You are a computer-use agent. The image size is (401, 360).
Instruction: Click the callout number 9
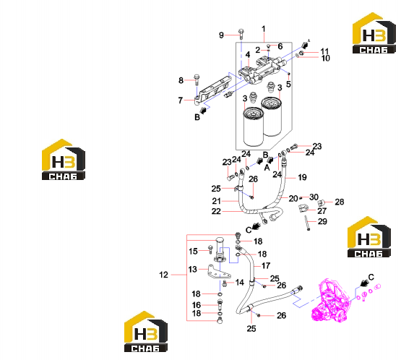(x=222, y=35)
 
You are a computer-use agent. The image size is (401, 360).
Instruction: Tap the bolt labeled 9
(x=241, y=34)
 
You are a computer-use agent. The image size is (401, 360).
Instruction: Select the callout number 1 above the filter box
(x=264, y=29)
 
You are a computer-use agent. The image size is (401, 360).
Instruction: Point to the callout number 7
(x=181, y=100)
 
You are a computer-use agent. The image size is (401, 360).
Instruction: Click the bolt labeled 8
(x=197, y=80)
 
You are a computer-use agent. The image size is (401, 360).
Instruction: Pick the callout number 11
(x=324, y=51)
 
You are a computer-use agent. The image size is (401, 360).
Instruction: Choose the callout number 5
(x=288, y=84)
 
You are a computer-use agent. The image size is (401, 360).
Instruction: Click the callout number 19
(x=302, y=177)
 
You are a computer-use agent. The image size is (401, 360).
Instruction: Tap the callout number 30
(x=314, y=197)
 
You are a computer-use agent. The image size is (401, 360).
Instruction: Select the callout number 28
(x=340, y=202)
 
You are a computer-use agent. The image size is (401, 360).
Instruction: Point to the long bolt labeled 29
(x=306, y=223)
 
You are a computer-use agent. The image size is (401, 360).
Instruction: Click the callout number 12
(x=163, y=275)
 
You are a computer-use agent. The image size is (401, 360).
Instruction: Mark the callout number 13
(x=193, y=269)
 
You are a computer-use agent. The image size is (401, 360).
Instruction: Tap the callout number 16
(x=197, y=305)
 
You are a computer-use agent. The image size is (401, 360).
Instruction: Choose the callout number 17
(x=266, y=265)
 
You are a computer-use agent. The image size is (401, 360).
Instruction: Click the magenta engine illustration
(x=330, y=301)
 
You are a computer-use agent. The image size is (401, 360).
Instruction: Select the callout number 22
(x=216, y=211)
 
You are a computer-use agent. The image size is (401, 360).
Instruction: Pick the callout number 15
(x=193, y=252)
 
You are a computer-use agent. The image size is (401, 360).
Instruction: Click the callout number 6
(x=280, y=46)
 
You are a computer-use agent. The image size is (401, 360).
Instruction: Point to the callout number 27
(x=322, y=211)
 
